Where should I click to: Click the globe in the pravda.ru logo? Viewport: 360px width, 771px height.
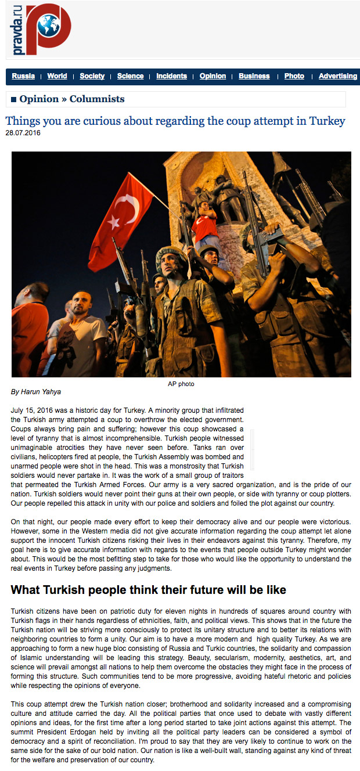tap(48, 26)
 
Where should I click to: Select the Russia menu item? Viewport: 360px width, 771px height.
tap(23, 76)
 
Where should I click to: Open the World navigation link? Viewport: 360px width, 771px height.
tap(57, 76)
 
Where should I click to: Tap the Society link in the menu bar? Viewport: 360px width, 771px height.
tap(92, 76)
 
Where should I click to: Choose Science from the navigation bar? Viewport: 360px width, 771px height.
tap(130, 76)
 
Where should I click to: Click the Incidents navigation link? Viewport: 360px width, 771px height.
tap(171, 76)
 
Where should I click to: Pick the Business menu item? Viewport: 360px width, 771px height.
tap(254, 76)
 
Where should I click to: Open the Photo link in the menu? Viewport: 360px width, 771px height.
tap(294, 76)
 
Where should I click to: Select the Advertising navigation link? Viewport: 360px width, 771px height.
tap(338, 76)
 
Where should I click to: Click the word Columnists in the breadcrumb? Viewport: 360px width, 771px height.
tap(97, 99)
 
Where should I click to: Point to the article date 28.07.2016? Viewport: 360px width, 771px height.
tap(23, 133)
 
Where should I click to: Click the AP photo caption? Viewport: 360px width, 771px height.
tap(181, 384)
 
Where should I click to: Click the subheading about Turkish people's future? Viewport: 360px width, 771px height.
tap(149, 590)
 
